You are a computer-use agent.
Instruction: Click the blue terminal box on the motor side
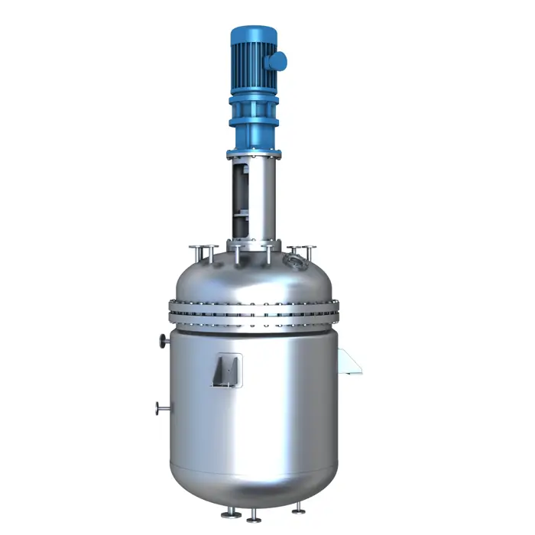(278, 60)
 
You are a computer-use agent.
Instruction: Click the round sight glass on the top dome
(292, 262)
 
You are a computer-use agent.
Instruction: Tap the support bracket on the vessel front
(229, 371)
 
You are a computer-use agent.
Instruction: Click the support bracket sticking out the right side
(349, 362)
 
